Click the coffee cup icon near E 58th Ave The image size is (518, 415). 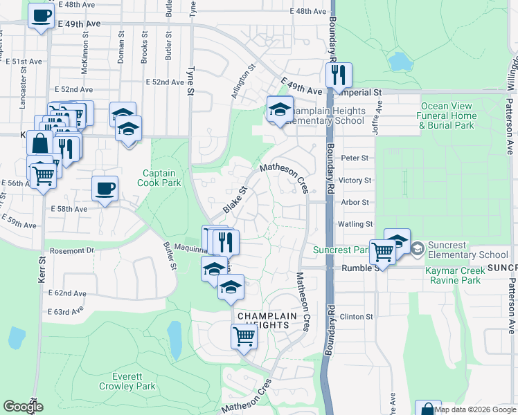coord(105,188)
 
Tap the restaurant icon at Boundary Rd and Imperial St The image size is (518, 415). coord(339,75)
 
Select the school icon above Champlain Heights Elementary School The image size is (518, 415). coord(280,110)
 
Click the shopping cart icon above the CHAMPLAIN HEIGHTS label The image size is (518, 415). coord(244,337)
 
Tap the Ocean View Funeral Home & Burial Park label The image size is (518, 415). coord(447,116)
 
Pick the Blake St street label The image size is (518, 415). coord(235,199)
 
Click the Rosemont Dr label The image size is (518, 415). coord(71,250)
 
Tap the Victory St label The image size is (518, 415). coord(355,180)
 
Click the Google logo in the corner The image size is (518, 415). coord(23,407)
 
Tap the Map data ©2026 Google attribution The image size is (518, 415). coord(475,409)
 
